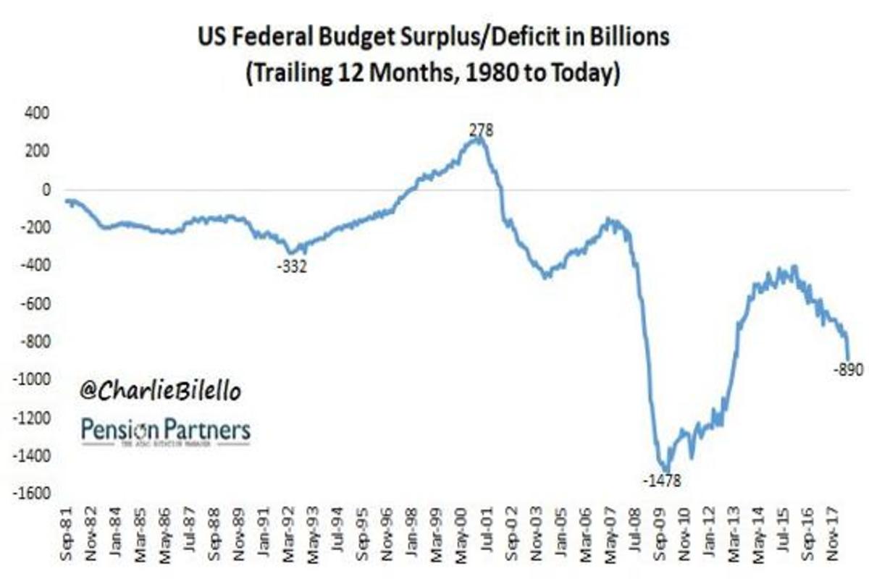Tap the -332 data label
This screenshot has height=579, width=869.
coord(293,266)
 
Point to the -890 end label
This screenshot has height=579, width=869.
coord(849,369)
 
